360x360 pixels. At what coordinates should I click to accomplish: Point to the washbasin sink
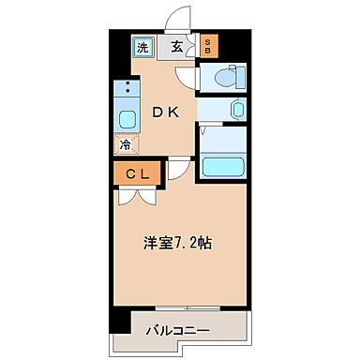click(236, 109)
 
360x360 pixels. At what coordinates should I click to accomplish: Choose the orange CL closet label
click(137, 172)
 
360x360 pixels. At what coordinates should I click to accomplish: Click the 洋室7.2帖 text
click(177, 243)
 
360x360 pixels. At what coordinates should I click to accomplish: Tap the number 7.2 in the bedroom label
click(188, 243)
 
